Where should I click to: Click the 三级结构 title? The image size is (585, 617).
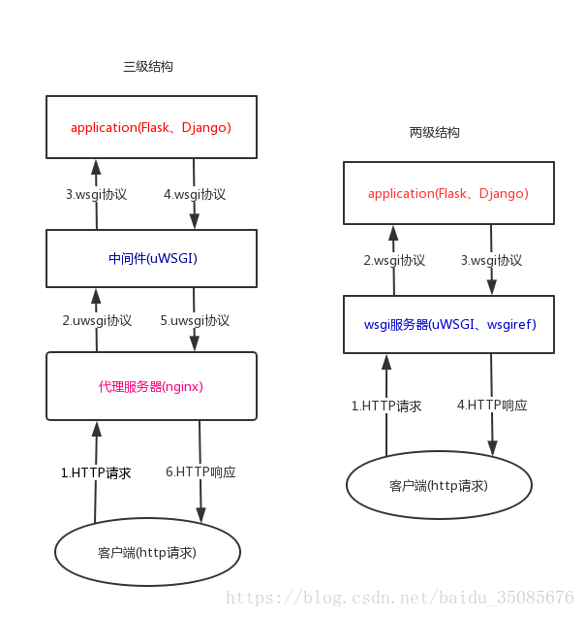pyautogui.click(x=148, y=67)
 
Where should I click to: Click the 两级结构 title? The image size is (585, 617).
pyautogui.click(x=435, y=132)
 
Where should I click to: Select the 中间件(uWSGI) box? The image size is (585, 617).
pyautogui.click(x=152, y=258)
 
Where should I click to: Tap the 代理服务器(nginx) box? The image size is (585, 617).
pyautogui.click(x=152, y=386)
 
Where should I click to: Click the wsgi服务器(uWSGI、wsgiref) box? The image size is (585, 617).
pyautogui.click(x=448, y=324)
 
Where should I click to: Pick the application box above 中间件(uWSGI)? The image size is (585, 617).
pyautogui.click(x=152, y=127)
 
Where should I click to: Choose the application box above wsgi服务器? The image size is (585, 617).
pyautogui.click(x=448, y=193)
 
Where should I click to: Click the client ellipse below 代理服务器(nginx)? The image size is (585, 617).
pyautogui.click(x=147, y=552)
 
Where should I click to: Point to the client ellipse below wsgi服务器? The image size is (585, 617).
pyautogui.click(x=439, y=485)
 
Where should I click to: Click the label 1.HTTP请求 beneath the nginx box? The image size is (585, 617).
pyautogui.click(x=96, y=473)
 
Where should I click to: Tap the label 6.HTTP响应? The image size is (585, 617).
pyautogui.click(x=200, y=472)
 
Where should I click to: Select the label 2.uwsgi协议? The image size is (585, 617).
pyautogui.click(x=97, y=319)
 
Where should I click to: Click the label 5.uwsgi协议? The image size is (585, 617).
pyautogui.click(x=195, y=319)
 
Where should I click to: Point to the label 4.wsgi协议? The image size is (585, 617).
pyautogui.click(x=195, y=194)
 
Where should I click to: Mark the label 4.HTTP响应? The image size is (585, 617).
pyautogui.click(x=492, y=406)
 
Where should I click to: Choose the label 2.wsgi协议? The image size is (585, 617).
pyautogui.click(x=394, y=260)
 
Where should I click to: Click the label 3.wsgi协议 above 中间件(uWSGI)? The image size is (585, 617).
pyautogui.click(x=96, y=194)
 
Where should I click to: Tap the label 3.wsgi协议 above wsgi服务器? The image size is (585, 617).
pyautogui.click(x=491, y=260)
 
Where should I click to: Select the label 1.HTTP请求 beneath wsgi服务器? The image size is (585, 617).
pyautogui.click(x=386, y=406)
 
